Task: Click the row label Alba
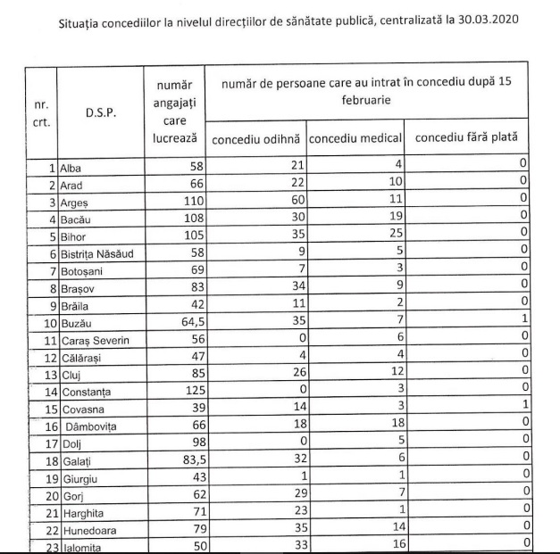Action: click(71, 167)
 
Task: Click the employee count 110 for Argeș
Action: click(182, 202)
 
